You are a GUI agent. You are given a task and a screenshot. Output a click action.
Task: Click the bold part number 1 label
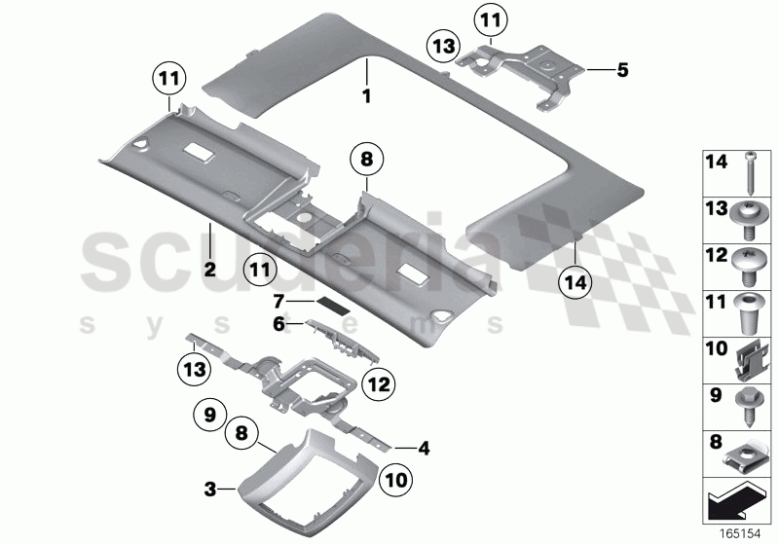click(367, 95)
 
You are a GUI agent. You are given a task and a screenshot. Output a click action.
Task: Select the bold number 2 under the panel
click(210, 270)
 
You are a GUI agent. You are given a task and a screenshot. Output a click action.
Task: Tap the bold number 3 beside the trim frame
click(210, 490)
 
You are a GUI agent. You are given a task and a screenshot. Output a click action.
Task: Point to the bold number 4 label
click(424, 449)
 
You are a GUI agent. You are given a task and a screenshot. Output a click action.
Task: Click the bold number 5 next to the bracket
click(622, 70)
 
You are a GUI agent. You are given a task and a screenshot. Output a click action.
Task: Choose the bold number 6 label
click(279, 325)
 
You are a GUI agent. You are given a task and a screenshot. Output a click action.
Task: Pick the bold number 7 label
click(278, 302)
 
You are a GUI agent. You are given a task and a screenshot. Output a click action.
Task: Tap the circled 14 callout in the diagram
click(575, 283)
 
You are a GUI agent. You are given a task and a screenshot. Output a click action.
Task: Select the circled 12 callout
click(379, 384)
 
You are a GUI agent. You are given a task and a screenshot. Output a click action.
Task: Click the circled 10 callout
click(395, 480)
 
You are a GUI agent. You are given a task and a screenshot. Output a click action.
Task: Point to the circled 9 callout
click(209, 415)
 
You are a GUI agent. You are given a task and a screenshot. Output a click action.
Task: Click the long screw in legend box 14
click(750, 174)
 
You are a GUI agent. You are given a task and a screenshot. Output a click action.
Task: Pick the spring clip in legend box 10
click(749, 361)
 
